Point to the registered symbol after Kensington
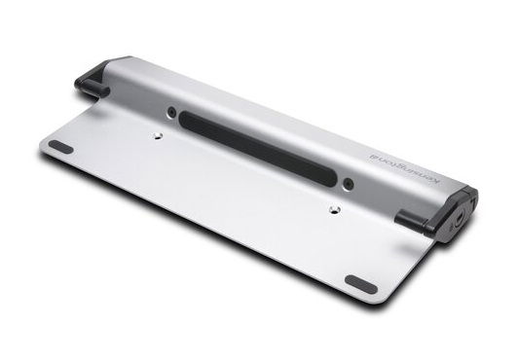coord(371,155)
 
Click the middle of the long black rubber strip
coord(257,149)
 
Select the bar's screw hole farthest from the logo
coord(171,112)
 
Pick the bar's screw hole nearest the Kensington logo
coord(348,184)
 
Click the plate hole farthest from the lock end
coord(158,135)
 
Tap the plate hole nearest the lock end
coord(334,209)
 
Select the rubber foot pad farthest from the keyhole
coord(60,147)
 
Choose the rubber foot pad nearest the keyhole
coord(360,284)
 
